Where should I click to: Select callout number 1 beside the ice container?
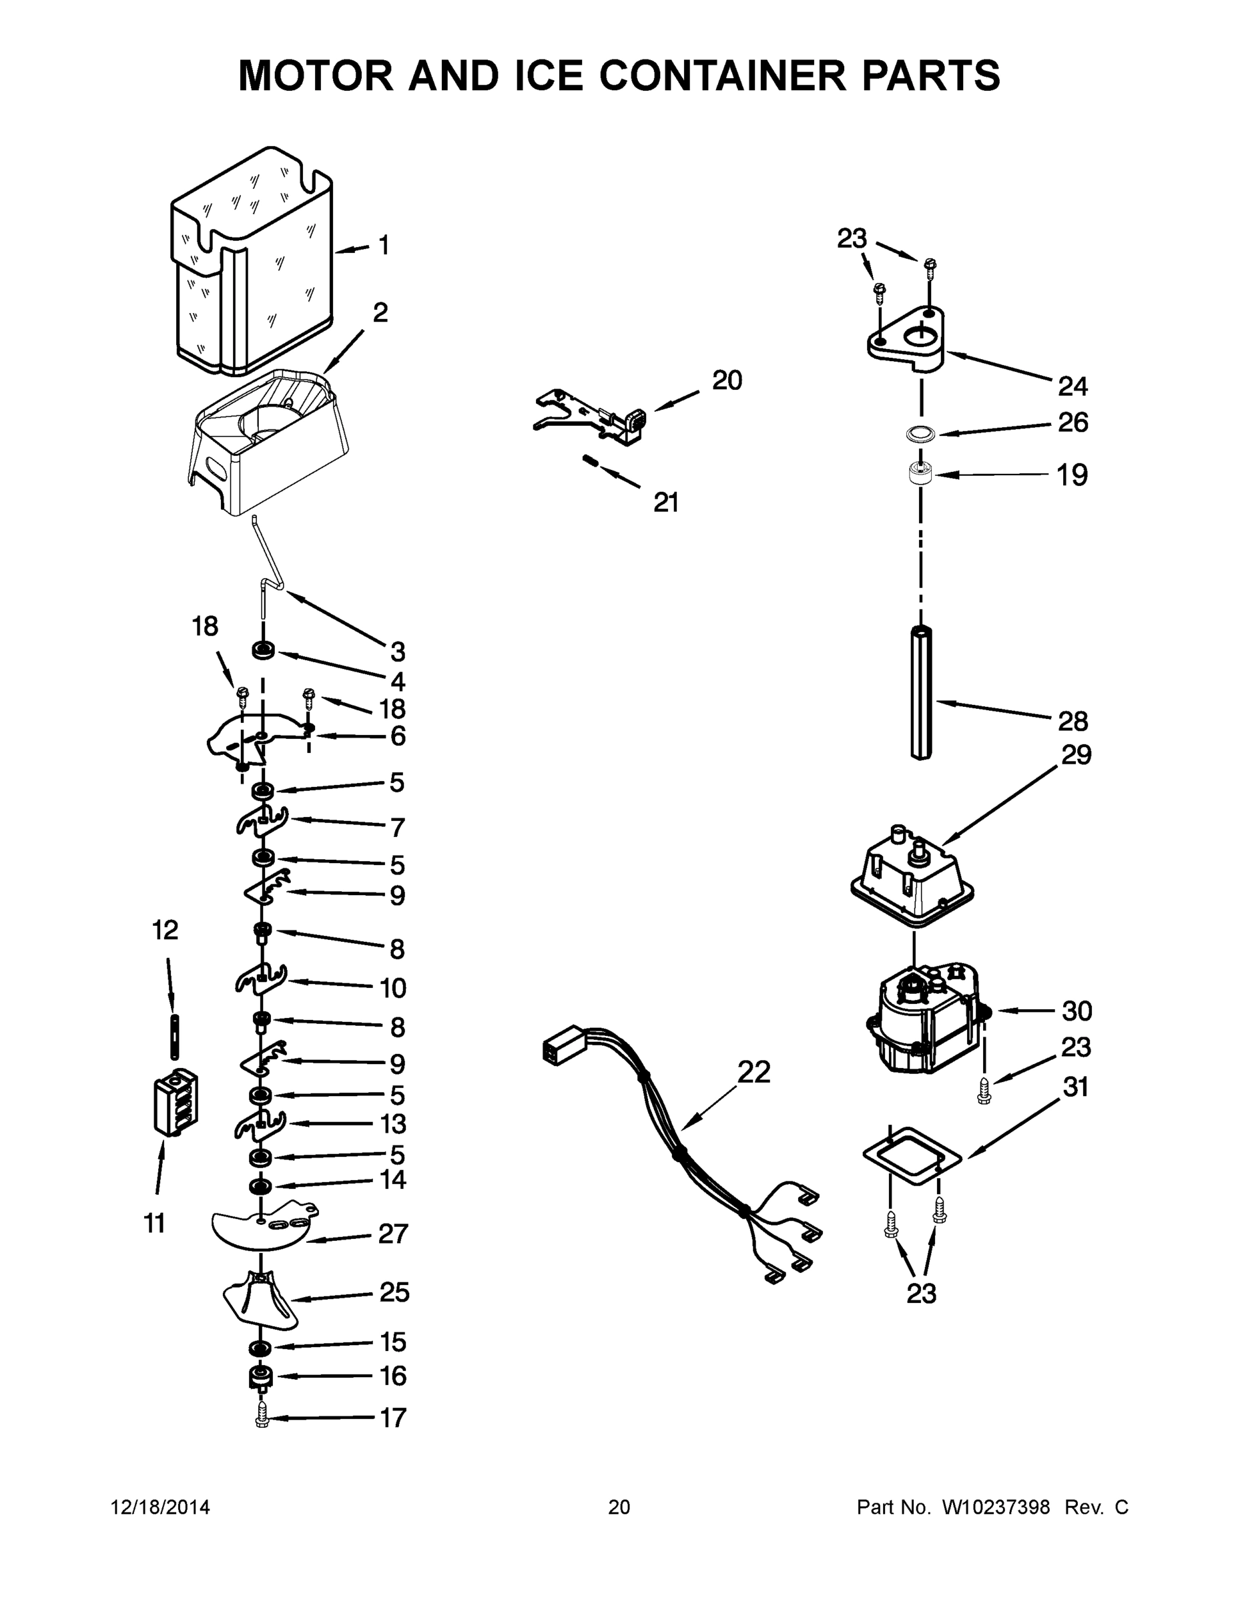click(x=384, y=246)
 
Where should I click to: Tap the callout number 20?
click(x=727, y=380)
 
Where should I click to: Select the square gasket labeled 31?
click(x=912, y=1157)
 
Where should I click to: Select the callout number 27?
click(x=392, y=1234)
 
